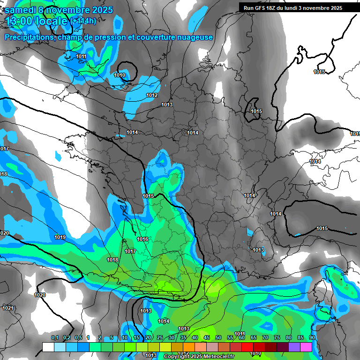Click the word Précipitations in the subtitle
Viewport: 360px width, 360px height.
pyautogui.click(x=29, y=37)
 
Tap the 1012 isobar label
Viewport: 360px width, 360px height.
pyautogui.click(x=152, y=95)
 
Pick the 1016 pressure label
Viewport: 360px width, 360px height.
pyautogui.click(x=142, y=240)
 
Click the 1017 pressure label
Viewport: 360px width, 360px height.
pyautogui.click(x=130, y=252)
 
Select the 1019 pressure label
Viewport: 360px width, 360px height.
pyautogui.click(x=60, y=238)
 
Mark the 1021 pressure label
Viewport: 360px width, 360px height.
pyautogui.click(x=8, y=308)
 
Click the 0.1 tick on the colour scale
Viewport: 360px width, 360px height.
pyautogui.click(x=55, y=338)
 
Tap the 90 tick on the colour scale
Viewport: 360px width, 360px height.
pyautogui.click(x=312, y=338)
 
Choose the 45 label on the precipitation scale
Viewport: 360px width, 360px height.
pyautogui.click(x=207, y=338)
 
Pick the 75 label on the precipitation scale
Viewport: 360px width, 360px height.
pyautogui.click(x=277, y=338)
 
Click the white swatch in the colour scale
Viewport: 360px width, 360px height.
pyautogui.click(x=48, y=347)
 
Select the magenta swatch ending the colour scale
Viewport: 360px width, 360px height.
pyautogui.click(x=306, y=347)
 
